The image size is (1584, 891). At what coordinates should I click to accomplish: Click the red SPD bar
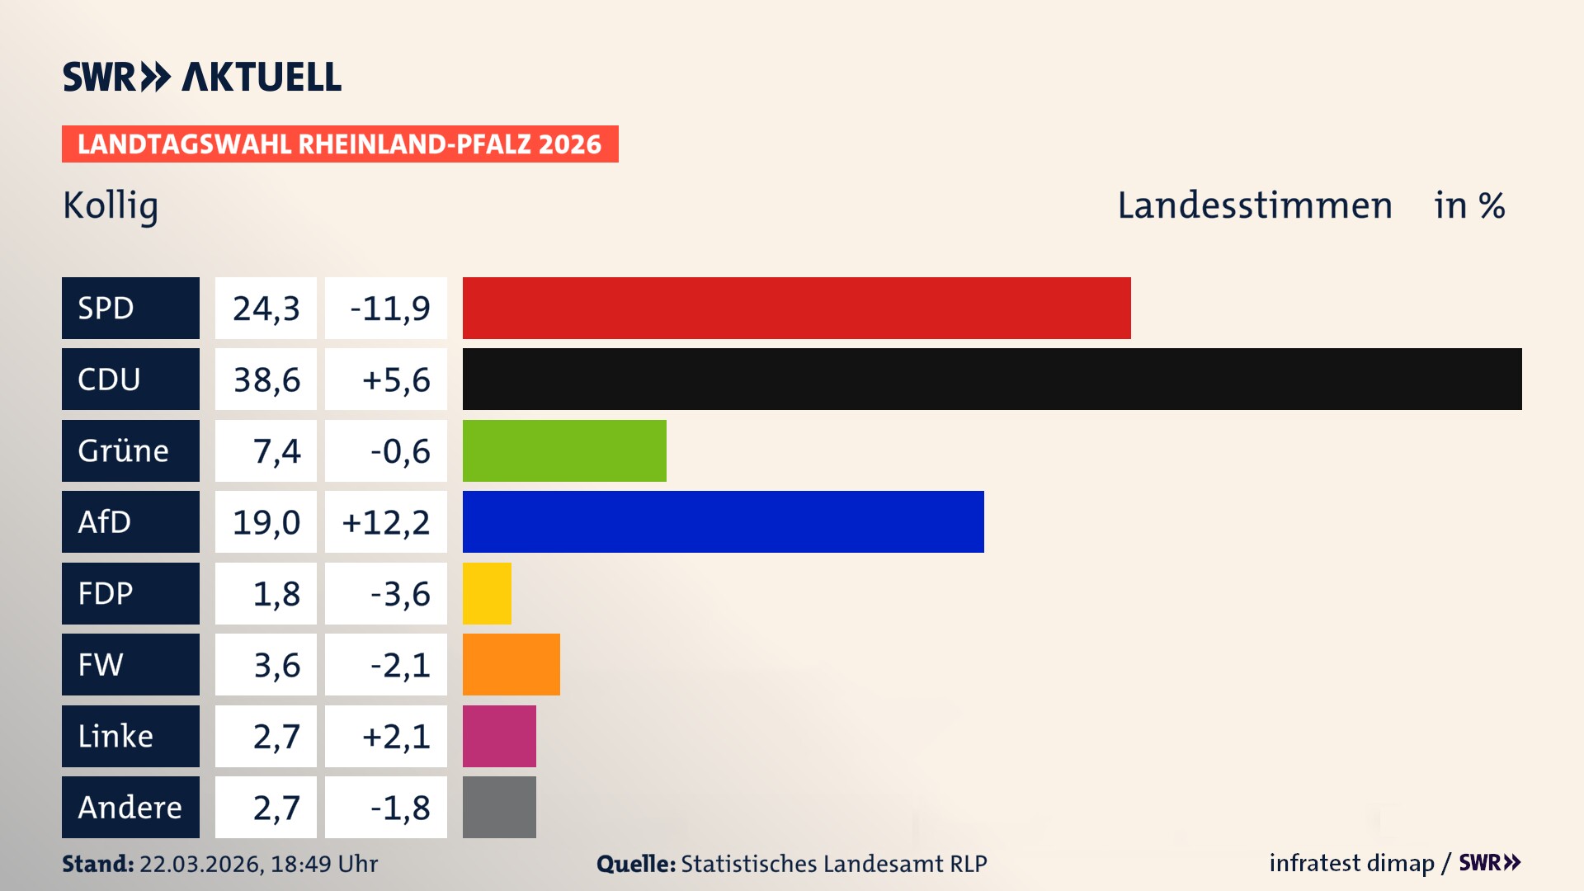click(x=796, y=308)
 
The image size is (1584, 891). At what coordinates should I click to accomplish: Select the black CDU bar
click(x=992, y=379)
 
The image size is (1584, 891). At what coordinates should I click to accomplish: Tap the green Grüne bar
click(x=564, y=450)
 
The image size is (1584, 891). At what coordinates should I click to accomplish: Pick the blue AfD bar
click(x=723, y=521)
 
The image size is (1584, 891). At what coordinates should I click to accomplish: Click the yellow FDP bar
click(x=487, y=593)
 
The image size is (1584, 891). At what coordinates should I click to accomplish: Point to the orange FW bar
click(x=511, y=664)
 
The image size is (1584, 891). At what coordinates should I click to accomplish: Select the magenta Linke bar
click(x=499, y=736)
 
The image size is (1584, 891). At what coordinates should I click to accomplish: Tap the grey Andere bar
click(x=499, y=807)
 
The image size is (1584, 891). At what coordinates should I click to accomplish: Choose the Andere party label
click(x=130, y=807)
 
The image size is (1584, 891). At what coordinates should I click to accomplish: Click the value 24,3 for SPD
click(x=266, y=308)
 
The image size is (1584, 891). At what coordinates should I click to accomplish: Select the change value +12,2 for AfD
click(x=385, y=521)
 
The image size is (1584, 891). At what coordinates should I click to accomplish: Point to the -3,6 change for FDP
click(x=399, y=593)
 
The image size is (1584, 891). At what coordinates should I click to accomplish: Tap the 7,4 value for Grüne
click(x=276, y=450)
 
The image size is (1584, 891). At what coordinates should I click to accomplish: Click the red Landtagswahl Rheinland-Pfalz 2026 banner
click(x=339, y=144)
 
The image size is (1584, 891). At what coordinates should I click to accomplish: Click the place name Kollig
click(x=111, y=205)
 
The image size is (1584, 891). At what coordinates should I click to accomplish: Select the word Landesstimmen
click(x=1254, y=205)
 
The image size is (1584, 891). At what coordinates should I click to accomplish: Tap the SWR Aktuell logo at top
click(x=201, y=77)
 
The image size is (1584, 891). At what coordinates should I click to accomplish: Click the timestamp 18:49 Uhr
click(x=323, y=864)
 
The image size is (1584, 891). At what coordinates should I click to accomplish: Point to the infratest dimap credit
click(x=1351, y=863)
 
